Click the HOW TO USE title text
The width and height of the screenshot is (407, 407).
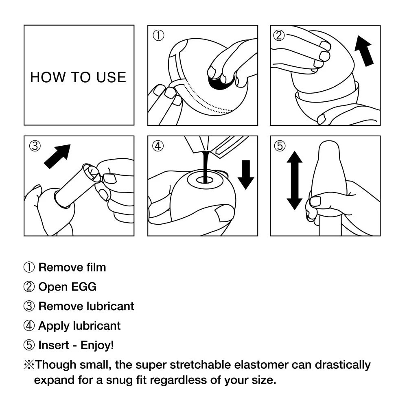tap(78, 77)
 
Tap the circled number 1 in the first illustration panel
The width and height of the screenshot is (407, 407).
tap(158, 36)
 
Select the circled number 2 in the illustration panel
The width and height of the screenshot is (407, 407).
tap(279, 35)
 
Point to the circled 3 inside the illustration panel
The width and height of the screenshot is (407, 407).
tap(35, 146)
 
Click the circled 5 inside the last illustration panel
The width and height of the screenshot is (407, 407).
tap(280, 146)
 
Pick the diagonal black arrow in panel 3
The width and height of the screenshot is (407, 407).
tap(57, 156)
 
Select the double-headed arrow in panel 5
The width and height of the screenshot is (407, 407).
tap(294, 180)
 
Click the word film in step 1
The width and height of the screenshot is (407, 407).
tap(96, 267)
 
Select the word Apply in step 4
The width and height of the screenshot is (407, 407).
tap(54, 326)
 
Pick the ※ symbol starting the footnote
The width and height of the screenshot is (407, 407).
tap(29, 365)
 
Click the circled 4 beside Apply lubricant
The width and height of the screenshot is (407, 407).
tap(29, 326)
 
